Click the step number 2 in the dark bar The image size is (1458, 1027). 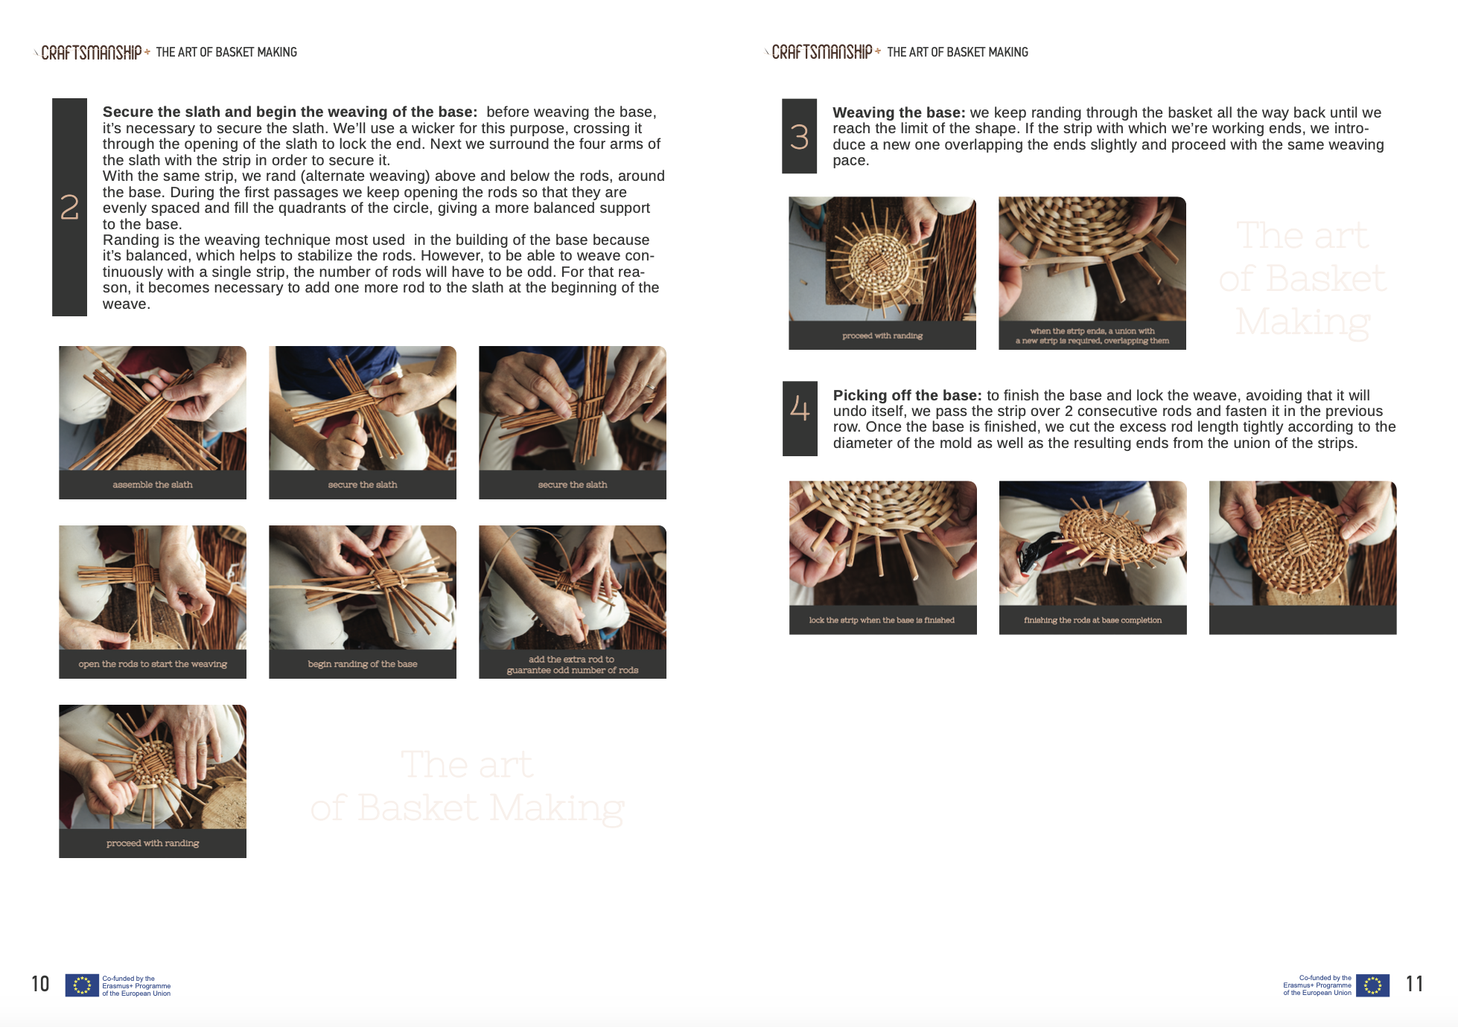pyautogui.click(x=69, y=207)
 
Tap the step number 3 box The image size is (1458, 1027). pyautogui.click(x=799, y=136)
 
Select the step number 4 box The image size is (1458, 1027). pyautogui.click(x=800, y=418)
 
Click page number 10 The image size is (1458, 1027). pyautogui.click(x=40, y=984)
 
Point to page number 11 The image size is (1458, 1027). pyautogui.click(x=1414, y=984)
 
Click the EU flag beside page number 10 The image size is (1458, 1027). pyautogui.click(x=82, y=985)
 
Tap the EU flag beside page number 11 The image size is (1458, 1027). pyautogui.click(x=1372, y=985)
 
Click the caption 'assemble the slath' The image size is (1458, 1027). pyautogui.click(x=153, y=484)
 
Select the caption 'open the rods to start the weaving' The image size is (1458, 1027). pyautogui.click(x=153, y=664)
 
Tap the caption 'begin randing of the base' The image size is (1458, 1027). pyautogui.click(x=363, y=664)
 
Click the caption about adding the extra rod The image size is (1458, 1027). pyautogui.click(x=573, y=665)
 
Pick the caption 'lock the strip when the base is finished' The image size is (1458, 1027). pyautogui.click(x=882, y=620)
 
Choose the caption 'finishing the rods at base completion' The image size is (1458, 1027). pyautogui.click(x=1092, y=620)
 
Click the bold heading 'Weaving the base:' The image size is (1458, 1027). pyautogui.click(x=899, y=112)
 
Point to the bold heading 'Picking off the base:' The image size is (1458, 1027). pyautogui.click(x=908, y=395)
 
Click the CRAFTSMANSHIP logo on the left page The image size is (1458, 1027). pyautogui.click(x=92, y=52)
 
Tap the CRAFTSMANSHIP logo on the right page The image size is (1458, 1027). pyautogui.click(x=822, y=52)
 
